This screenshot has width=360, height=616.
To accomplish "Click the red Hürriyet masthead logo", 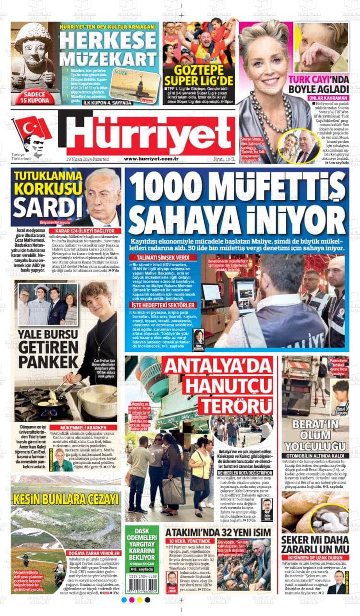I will coord(150,134).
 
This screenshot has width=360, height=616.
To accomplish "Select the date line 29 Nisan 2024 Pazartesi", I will coord(88,159).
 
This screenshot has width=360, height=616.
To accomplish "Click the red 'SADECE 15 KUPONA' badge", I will coord(35,97).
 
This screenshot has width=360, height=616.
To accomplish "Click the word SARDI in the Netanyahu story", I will coord(41,207).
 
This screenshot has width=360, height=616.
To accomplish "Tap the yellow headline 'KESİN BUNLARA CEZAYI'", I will coord(66,498).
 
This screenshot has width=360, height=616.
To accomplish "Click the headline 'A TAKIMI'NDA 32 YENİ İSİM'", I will coord(218,532).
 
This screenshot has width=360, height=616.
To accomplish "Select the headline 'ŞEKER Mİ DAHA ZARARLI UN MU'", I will coord(314,544).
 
